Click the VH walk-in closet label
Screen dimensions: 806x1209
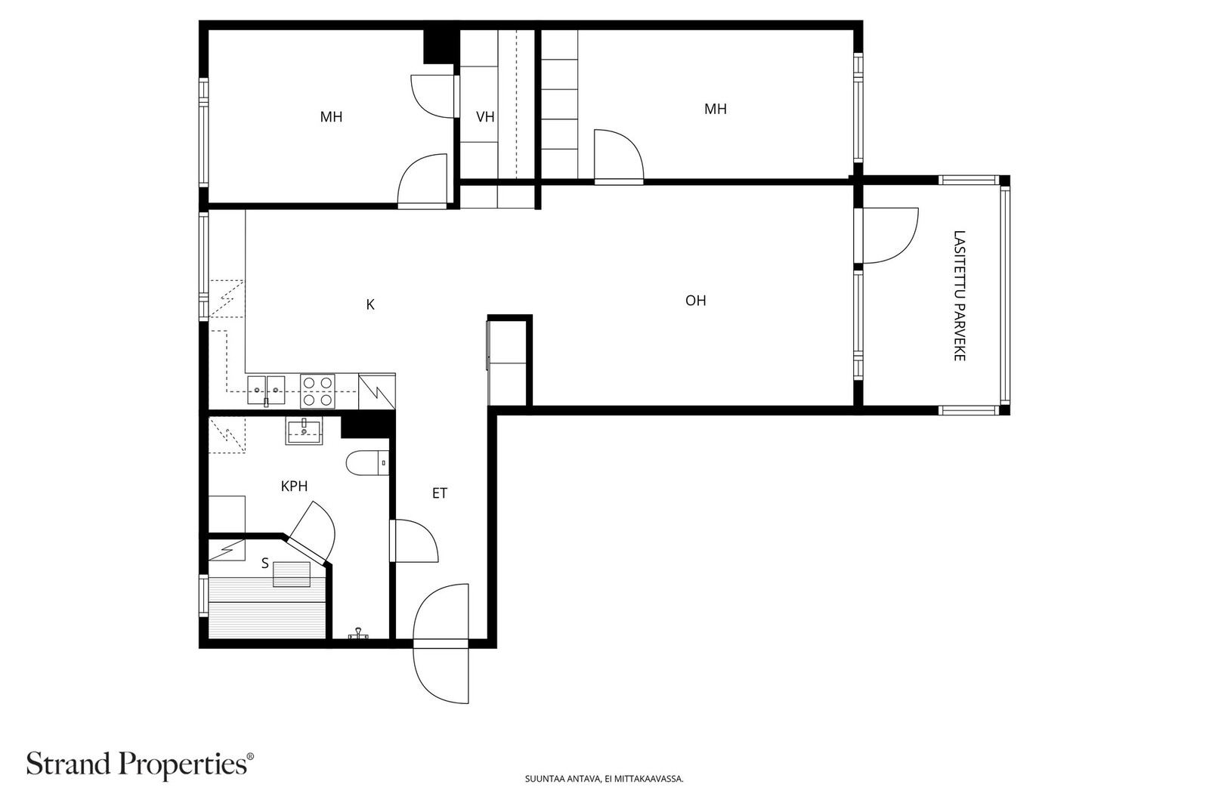(485, 117)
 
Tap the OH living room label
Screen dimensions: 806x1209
(695, 301)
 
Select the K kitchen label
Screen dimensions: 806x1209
(370, 305)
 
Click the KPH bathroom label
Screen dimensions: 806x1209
(294, 486)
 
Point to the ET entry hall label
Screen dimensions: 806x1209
(440, 494)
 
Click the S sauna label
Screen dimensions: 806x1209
(264, 564)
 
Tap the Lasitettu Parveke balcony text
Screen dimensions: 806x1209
(959, 295)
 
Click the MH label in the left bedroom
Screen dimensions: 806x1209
(331, 117)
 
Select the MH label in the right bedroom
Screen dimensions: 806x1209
(715, 110)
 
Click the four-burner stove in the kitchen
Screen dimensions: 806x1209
(318, 391)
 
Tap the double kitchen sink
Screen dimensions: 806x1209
(266, 386)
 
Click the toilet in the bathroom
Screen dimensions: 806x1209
(366, 462)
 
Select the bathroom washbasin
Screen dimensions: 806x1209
(304, 432)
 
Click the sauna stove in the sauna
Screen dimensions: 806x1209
(292, 574)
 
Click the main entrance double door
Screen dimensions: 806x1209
(442, 644)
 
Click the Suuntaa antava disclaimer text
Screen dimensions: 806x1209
(604, 779)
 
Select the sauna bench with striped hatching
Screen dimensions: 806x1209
(267, 608)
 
